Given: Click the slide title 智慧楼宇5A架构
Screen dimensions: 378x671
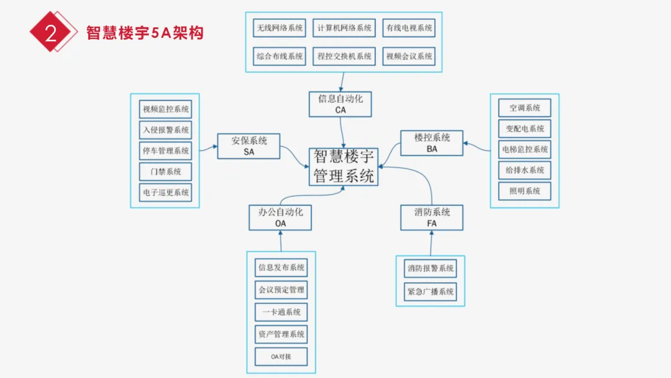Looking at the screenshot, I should click(145, 32).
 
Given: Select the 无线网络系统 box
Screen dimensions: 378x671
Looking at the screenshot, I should click(280, 28).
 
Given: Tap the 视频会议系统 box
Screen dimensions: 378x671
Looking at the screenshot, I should click(408, 57).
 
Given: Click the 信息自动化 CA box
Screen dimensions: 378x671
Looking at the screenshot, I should click(340, 104).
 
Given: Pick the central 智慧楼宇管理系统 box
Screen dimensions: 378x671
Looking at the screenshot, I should click(344, 166).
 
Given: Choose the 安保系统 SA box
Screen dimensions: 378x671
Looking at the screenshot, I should click(248, 145).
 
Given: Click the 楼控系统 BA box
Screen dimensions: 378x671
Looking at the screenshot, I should click(432, 143).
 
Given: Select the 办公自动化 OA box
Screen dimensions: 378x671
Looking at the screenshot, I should click(280, 217).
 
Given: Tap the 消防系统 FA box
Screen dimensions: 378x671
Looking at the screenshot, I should click(432, 217).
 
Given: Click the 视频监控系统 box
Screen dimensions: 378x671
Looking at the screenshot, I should click(165, 110).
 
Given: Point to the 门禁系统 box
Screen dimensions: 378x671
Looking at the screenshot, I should click(165, 172).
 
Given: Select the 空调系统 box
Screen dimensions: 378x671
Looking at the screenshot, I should click(524, 108).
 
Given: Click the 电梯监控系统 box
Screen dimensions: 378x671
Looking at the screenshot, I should click(524, 149).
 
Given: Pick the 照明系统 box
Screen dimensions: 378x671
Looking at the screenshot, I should click(524, 191).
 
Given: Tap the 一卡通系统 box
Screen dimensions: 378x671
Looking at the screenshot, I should click(281, 312).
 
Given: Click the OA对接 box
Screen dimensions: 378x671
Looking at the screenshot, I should click(281, 356).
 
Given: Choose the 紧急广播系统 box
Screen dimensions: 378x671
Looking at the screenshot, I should click(430, 292).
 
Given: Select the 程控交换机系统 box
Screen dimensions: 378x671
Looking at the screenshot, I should click(344, 57).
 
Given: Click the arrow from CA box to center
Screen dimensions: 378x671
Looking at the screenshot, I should click(342, 132).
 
